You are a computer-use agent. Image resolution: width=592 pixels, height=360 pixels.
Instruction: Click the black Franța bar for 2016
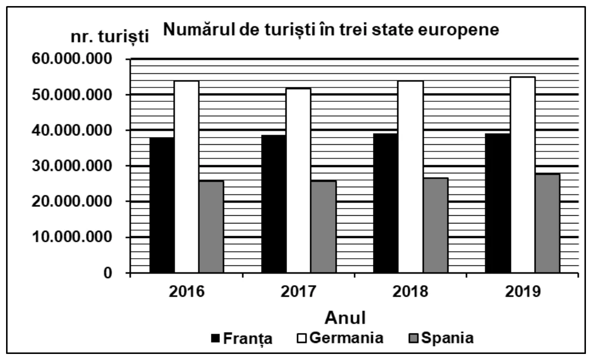point(162,205)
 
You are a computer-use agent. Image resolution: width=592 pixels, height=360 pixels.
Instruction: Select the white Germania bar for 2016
point(187,177)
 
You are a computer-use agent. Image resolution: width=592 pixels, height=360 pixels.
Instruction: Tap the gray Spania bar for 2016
point(211,227)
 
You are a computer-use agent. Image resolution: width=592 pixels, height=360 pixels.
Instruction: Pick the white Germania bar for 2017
point(299,180)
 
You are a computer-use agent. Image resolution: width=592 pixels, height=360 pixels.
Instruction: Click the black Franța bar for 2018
point(386,203)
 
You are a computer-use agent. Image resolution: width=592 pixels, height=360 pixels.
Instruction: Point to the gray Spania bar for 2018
point(435,225)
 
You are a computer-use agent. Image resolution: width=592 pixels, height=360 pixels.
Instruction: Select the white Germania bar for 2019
point(523,175)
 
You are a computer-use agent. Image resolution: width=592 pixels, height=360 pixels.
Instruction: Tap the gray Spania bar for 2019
point(547,223)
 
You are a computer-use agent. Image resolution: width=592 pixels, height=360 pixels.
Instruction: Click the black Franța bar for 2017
point(274,204)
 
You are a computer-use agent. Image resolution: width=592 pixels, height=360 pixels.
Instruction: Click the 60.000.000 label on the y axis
point(72,59)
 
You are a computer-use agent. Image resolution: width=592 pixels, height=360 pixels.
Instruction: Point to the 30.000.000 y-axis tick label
point(72,166)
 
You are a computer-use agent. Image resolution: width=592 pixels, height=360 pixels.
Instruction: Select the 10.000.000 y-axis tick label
point(72,237)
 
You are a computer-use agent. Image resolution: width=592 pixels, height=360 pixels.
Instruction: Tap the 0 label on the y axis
point(108,272)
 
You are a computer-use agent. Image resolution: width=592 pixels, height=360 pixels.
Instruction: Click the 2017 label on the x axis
point(298,292)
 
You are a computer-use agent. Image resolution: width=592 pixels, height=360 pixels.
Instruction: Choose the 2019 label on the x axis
point(523,292)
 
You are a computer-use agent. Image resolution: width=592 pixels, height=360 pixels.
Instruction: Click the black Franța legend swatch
point(215,338)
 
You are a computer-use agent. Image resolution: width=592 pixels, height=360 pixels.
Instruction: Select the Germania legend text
point(346,338)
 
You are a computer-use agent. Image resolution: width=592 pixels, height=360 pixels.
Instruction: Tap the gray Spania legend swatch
point(414,338)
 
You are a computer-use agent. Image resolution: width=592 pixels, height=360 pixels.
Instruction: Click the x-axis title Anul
point(345,318)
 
